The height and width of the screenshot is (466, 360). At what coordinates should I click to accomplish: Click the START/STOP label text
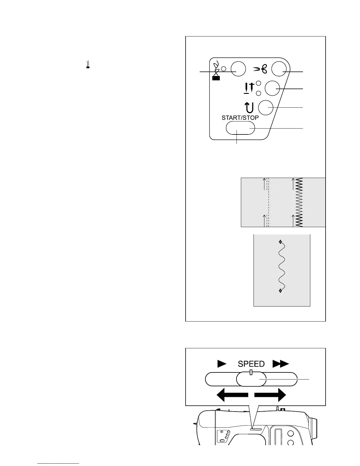point(240,118)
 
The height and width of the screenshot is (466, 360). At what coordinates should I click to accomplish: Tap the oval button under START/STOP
point(240,128)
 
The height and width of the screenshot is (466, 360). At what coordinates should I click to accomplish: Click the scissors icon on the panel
point(261,70)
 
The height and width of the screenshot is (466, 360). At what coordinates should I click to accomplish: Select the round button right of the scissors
point(279,69)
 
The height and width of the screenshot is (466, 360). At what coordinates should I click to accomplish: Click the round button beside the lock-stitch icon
point(238,69)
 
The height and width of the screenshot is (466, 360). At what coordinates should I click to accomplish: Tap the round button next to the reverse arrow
point(266,107)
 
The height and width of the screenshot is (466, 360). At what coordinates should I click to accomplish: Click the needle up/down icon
point(249,88)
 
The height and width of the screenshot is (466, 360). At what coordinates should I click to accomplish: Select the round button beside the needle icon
point(272,88)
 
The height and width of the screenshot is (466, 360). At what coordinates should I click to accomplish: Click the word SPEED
point(251,364)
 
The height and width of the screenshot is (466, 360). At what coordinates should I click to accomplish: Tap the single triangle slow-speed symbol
point(222,364)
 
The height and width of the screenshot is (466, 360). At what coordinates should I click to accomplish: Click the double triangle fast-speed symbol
point(281,364)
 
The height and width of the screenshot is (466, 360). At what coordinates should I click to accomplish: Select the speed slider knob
point(251,379)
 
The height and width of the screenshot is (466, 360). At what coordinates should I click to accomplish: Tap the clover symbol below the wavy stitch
point(281,291)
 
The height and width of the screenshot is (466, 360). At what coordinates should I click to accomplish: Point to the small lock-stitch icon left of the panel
point(88,65)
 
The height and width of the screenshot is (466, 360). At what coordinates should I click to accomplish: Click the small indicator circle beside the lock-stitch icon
point(224,69)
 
